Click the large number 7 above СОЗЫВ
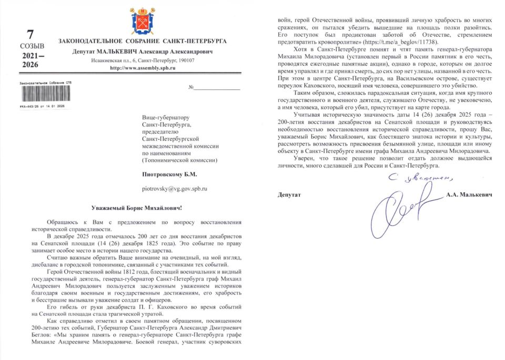point(30,35)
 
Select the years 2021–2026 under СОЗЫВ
point(30,60)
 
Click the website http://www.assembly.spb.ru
point(142,68)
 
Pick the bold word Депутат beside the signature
point(290,195)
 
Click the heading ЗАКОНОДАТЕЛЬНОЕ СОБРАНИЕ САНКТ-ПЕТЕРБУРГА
point(143,41)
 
